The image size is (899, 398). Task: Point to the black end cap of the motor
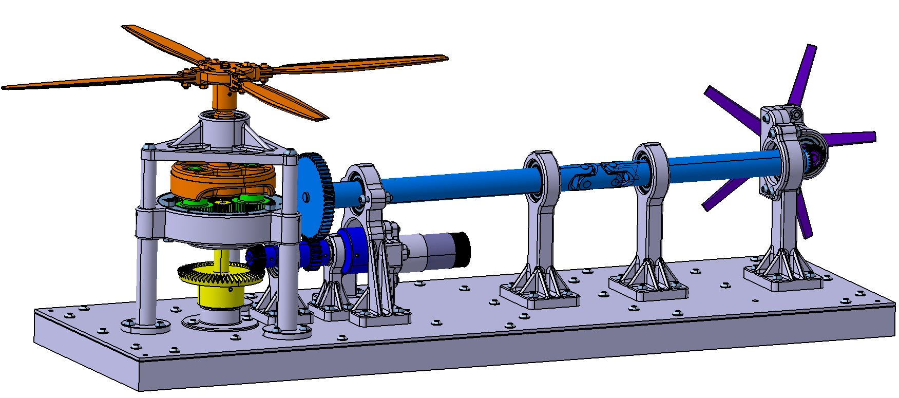463,250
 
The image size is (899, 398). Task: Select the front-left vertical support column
146,267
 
